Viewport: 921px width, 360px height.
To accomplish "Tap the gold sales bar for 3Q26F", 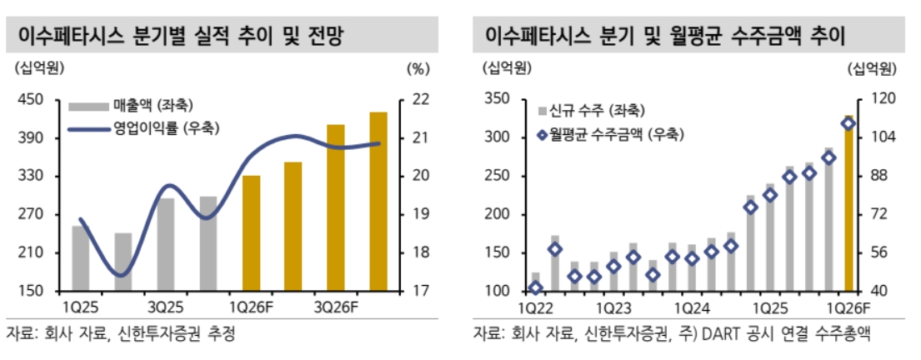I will (336, 208).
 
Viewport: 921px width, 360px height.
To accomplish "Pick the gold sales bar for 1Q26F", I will (251, 233).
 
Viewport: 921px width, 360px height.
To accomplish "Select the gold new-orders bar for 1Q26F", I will (848, 204).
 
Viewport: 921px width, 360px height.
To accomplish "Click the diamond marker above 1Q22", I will (535, 287).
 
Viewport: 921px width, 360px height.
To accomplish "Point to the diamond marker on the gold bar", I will (848, 123).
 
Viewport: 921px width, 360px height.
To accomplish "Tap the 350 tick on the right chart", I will (496, 100).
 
